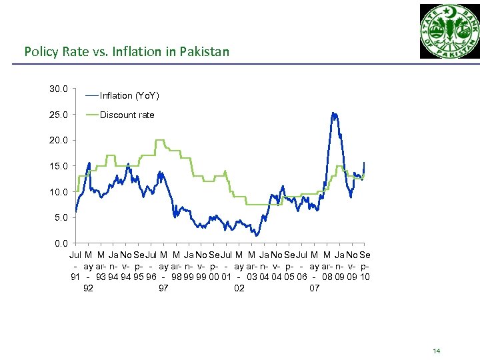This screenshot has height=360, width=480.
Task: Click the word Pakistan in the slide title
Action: click(x=205, y=51)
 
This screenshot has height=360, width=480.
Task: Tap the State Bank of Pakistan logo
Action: click(x=449, y=31)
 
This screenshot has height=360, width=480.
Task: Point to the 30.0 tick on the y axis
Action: click(x=58, y=89)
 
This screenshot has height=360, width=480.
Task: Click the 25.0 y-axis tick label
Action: click(x=58, y=115)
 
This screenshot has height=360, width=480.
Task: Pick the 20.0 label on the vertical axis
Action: click(x=58, y=141)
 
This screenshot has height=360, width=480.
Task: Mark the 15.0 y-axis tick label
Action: click(x=58, y=166)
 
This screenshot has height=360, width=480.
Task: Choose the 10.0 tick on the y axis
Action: click(x=58, y=192)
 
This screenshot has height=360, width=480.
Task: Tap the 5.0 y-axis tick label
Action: click(x=60, y=217)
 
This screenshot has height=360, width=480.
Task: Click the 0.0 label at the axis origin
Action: click(x=60, y=243)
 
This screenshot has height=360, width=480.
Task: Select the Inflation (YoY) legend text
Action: click(x=129, y=95)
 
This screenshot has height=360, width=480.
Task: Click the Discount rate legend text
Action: click(x=127, y=115)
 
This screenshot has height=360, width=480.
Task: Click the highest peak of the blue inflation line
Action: click(x=333, y=113)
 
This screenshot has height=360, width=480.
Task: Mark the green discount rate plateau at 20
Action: click(x=160, y=141)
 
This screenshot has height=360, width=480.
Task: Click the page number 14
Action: click(x=437, y=351)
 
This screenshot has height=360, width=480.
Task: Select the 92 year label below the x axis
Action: click(x=88, y=288)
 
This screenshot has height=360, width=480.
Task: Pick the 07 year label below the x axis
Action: click(x=315, y=288)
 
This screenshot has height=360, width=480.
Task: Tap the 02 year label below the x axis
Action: click(x=239, y=288)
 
